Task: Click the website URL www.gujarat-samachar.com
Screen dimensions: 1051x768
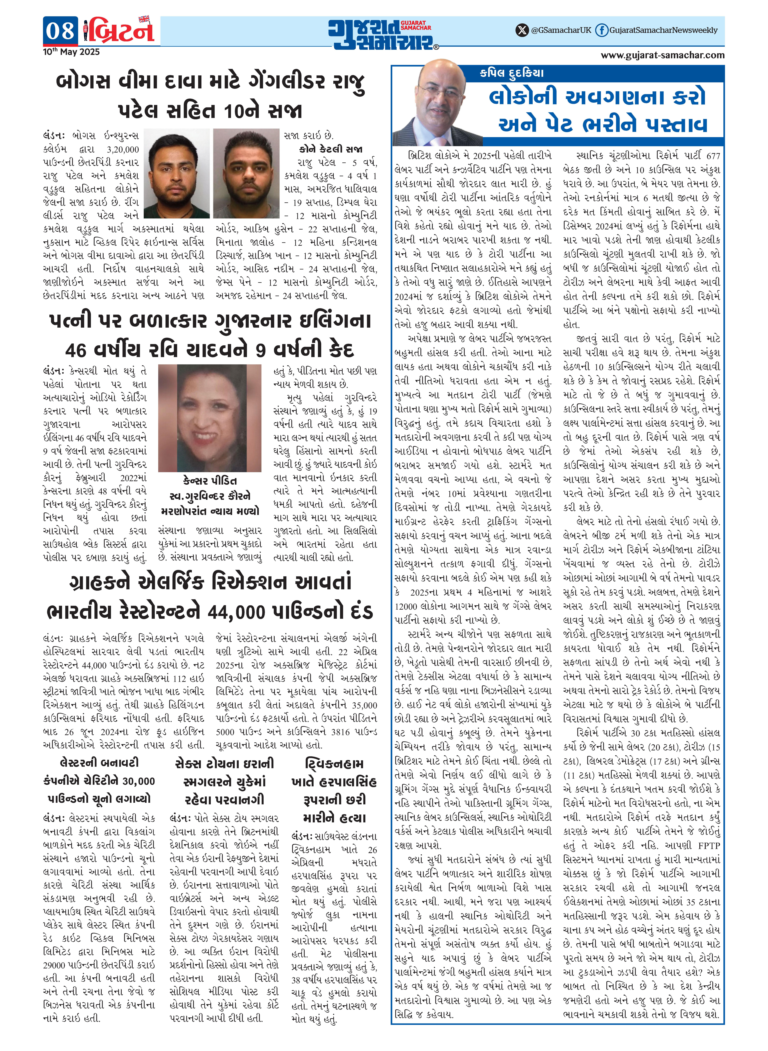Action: click(x=662, y=55)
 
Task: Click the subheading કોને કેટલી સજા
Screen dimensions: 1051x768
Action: click(x=331, y=149)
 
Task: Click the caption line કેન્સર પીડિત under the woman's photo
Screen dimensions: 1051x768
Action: click(x=210, y=481)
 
